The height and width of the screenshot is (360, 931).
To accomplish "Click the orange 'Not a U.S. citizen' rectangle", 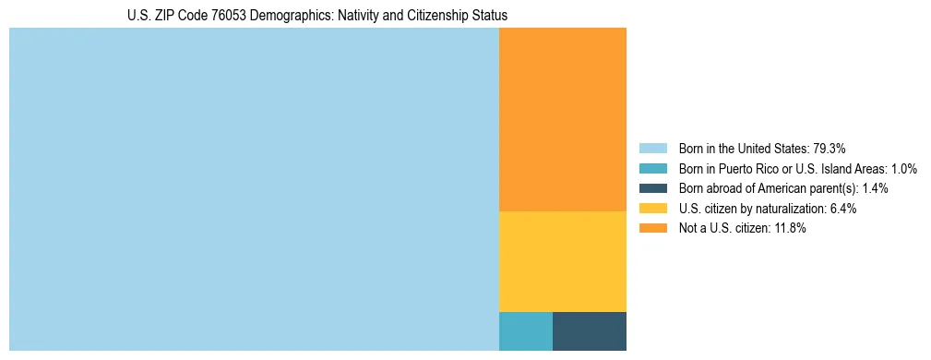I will [562, 119].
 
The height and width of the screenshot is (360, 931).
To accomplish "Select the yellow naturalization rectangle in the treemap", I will [562, 261].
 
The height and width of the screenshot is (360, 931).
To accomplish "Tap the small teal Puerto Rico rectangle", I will [525, 331].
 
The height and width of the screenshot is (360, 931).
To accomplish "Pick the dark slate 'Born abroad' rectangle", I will [589, 331].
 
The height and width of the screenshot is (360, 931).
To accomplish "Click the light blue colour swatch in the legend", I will [652, 149].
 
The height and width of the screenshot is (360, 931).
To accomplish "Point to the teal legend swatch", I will [652, 169].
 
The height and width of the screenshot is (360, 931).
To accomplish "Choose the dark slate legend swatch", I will [652, 188].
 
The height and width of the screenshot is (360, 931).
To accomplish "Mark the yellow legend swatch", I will [652, 209].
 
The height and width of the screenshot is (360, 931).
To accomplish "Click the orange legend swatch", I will [652, 229].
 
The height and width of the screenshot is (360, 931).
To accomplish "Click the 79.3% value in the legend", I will [829, 149].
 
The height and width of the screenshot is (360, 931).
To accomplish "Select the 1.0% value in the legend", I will [903, 169].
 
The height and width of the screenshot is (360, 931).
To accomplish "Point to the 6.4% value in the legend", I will [843, 209].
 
